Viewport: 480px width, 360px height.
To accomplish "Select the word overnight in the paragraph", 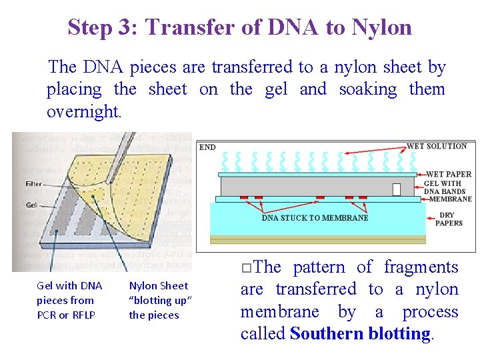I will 84,111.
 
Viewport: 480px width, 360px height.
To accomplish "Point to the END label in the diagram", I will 207,147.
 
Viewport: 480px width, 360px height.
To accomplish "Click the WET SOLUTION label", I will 437,146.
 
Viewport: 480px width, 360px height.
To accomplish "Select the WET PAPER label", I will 448,175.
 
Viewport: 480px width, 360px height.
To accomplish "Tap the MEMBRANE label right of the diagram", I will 450,199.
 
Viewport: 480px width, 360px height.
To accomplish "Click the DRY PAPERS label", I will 449,219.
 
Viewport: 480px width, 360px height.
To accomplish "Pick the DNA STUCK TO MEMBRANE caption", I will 315,217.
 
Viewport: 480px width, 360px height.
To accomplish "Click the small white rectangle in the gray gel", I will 397,189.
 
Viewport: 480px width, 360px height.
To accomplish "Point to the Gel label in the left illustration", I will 31,205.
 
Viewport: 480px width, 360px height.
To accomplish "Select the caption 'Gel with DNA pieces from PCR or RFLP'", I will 69,300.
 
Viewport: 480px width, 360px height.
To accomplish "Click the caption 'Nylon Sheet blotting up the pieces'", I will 160,300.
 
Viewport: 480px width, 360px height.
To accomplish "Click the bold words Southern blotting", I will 361,334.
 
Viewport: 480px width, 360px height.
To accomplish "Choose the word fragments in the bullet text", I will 421,267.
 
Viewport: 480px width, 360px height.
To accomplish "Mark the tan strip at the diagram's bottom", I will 317,239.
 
